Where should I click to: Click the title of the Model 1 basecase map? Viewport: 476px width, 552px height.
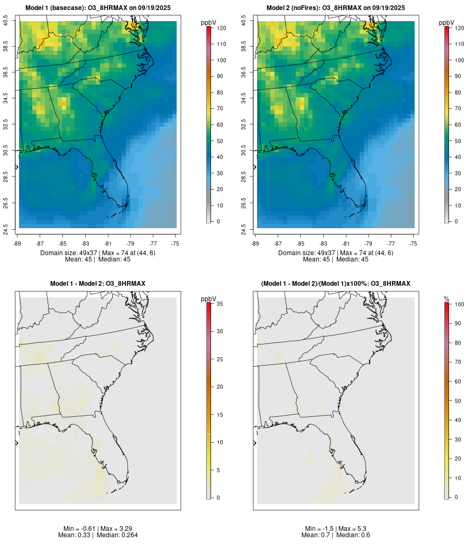coord(98,8)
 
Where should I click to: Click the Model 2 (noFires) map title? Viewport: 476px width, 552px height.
coord(336,8)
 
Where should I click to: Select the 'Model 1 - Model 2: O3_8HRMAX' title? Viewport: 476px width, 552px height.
coord(98,284)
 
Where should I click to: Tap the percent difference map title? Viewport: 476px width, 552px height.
coord(336,284)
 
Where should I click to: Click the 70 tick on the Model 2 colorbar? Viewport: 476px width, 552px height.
coord(457,108)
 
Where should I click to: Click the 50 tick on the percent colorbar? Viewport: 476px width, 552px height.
coord(457,401)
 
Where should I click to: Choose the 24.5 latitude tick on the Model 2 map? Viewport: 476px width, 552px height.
coord(244,228)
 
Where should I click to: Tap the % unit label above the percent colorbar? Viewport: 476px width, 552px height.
coord(446,299)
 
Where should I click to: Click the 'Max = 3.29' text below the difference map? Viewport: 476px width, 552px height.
coord(115,529)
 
